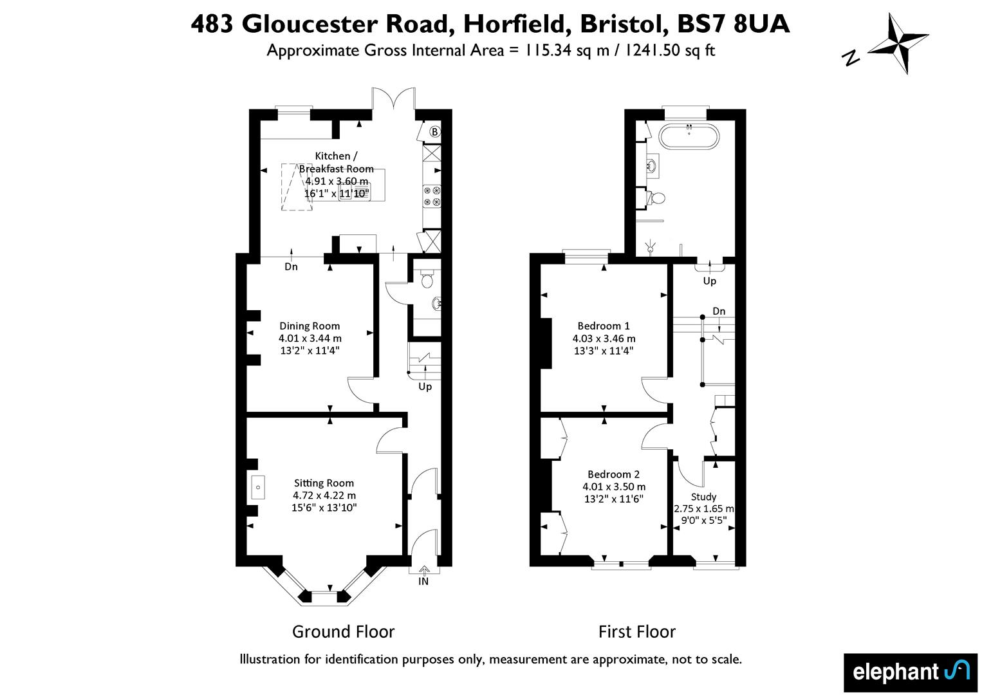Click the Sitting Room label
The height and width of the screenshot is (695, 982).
tap(324, 483)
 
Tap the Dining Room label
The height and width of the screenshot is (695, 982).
tap(310, 326)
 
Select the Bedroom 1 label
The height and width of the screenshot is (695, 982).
tap(604, 326)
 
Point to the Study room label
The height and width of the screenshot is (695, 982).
tap(703, 497)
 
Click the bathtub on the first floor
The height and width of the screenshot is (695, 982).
tap(689, 136)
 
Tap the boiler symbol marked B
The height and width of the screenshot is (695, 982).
tap(434, 131)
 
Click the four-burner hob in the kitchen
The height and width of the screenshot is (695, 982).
tap(431, 196)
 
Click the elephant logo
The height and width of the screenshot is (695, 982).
tap(910, 672)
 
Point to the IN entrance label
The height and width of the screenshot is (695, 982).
tap(423, 582)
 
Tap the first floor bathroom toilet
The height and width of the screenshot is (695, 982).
tap(656, 198)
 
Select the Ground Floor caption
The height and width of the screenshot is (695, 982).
tap(343, 631)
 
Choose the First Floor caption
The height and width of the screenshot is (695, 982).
tap(637, 631)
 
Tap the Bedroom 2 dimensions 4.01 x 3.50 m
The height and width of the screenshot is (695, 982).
tap(614, 486)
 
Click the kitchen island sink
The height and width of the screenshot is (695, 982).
tap(354, 192)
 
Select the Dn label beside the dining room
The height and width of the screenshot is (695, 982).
tap(291, 266)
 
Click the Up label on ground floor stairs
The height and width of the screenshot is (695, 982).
tap(425, 387)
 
